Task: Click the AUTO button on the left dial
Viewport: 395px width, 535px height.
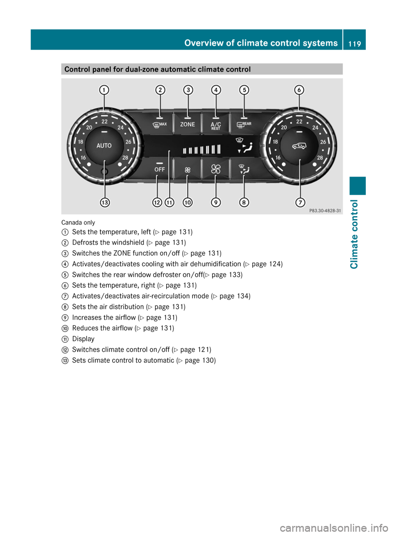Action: click(x=104, y=145)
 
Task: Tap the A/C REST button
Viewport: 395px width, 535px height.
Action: click(x=216, y=125)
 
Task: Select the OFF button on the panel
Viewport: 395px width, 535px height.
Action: click(x=160, y=169)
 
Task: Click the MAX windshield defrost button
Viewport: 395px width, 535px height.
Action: click(x=160, y=125)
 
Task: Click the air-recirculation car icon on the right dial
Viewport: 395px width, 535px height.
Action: click(x=299, y=146)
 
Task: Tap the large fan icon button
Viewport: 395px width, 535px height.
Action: click(x=216, y=169)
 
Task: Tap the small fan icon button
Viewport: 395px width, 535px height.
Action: click(x=188, y=169)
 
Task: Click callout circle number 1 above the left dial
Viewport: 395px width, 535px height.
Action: click(x=104, y=90)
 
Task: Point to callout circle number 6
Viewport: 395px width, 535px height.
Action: click(x=299, y=90)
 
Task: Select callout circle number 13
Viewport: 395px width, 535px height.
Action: click(x=105, y=202)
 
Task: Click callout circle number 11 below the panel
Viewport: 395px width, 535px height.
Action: click(x=169, y=202)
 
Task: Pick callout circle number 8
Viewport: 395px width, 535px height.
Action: click(x=244, y=202)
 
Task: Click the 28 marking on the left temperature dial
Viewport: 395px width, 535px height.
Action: click(x=125, y=157)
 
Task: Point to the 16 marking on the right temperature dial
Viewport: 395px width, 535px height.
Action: click(x=278, y=157)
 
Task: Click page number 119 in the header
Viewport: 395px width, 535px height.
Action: click(x=354, y=44)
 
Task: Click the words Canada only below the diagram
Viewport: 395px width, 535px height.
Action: click(x=78, y=222)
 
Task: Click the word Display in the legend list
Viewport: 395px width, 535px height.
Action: click(x=83, y=339)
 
